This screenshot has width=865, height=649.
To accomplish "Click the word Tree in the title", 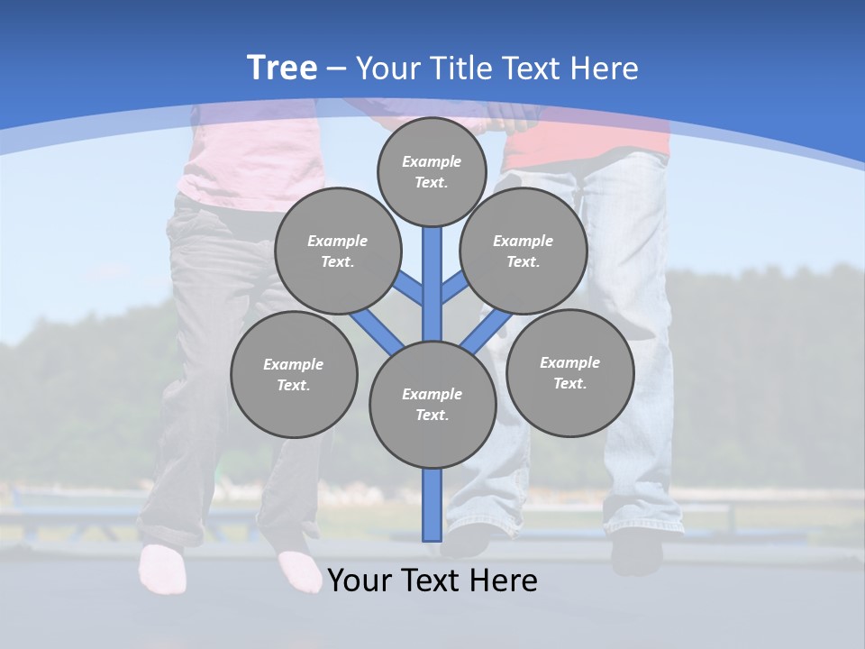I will coord(282,68).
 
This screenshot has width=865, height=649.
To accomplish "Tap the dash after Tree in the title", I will coord(336,69).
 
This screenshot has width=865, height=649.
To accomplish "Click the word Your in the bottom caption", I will coord(361,580).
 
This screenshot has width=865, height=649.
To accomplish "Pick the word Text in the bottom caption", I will coord(435,580).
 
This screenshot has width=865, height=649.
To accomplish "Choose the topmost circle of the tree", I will coord(432,171).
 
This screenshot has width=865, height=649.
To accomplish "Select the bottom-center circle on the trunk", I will coord(432,405).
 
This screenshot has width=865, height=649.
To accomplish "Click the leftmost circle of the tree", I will coord(294,375).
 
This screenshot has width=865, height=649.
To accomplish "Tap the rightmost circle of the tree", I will coord(569,372).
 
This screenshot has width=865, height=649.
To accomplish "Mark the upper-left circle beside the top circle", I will coord(338,251).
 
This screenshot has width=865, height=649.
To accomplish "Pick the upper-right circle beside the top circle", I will coord(524,251).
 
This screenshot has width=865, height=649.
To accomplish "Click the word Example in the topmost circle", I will coord(432,161).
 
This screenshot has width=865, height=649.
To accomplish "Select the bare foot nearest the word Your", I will coord(300,571).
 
